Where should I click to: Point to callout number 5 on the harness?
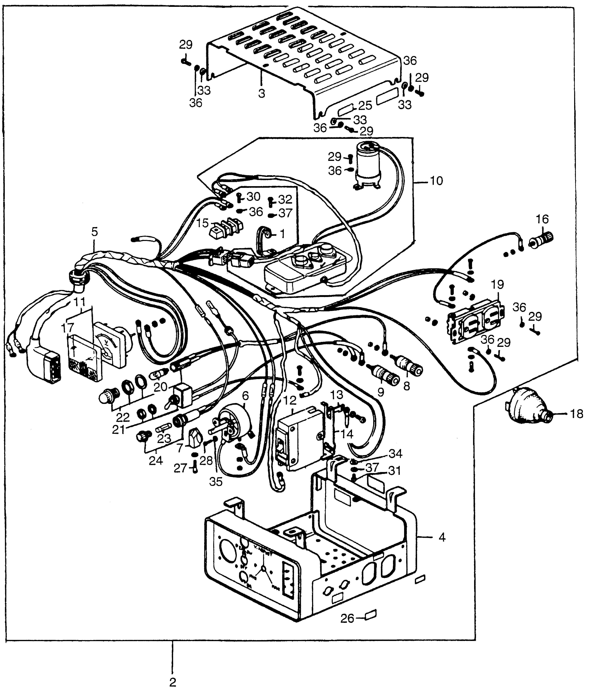[x=95, y=232]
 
